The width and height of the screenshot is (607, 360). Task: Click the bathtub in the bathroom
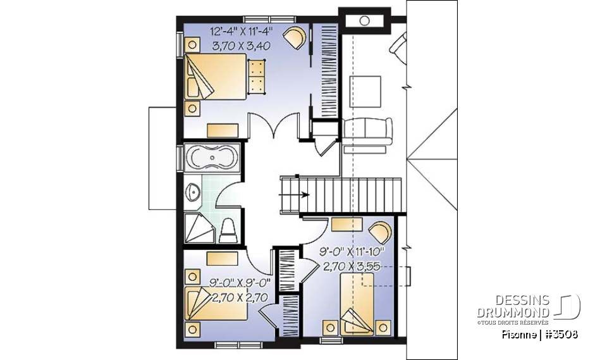[212, 158]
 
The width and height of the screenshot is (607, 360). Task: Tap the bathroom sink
[194, 190]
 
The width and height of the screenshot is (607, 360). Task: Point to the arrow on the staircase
[305, 195]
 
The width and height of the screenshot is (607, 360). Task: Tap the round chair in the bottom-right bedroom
[380, 232]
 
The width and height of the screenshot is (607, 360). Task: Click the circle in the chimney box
[364, 21]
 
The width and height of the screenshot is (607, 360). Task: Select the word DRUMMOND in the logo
[514, 313]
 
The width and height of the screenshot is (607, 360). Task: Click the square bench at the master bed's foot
[256, 76]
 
